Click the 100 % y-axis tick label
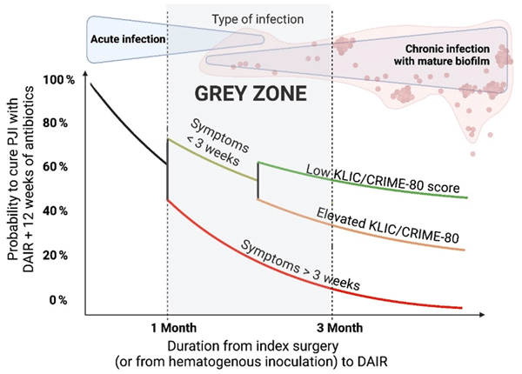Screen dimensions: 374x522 point(59,79)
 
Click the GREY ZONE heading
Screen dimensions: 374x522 point(248,92)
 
